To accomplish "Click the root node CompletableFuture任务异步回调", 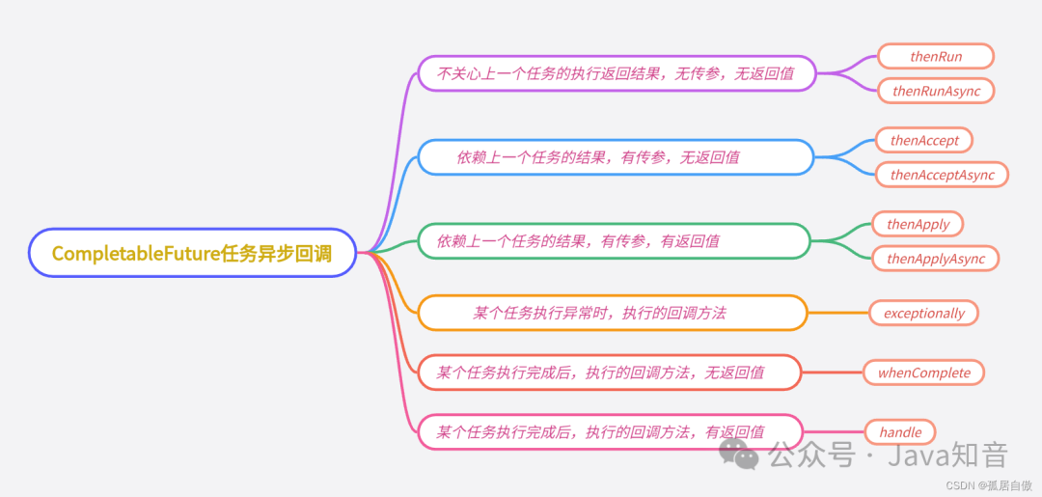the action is tap(192, 253).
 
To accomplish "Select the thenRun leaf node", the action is tap(935, 57).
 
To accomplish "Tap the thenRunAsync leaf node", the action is tap(935, 91).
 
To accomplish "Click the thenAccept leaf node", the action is tap(924, 141).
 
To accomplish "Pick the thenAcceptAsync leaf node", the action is tap(942, 175).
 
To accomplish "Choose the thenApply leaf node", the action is tap(918, 225).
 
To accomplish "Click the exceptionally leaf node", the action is tap(923, 313).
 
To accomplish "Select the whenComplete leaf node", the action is tap(923, 373).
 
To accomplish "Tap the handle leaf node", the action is tap(899, 432).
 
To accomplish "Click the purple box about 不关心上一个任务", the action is tap(617, 73).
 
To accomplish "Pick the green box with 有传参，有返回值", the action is tap(613, 241).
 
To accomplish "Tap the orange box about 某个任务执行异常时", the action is tap(612, 313).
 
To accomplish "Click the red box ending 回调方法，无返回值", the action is tap(609, 373).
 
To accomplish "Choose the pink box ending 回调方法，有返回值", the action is tap(609, 432).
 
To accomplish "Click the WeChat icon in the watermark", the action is tap(741, 453).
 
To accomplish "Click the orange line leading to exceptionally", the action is tap(837, 313).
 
